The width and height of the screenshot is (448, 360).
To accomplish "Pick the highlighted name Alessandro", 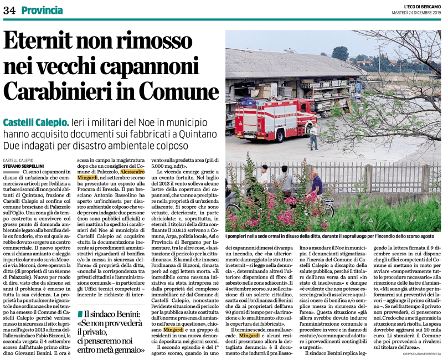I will click(132, 172).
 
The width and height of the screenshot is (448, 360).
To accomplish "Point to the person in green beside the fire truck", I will click(314, 136).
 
